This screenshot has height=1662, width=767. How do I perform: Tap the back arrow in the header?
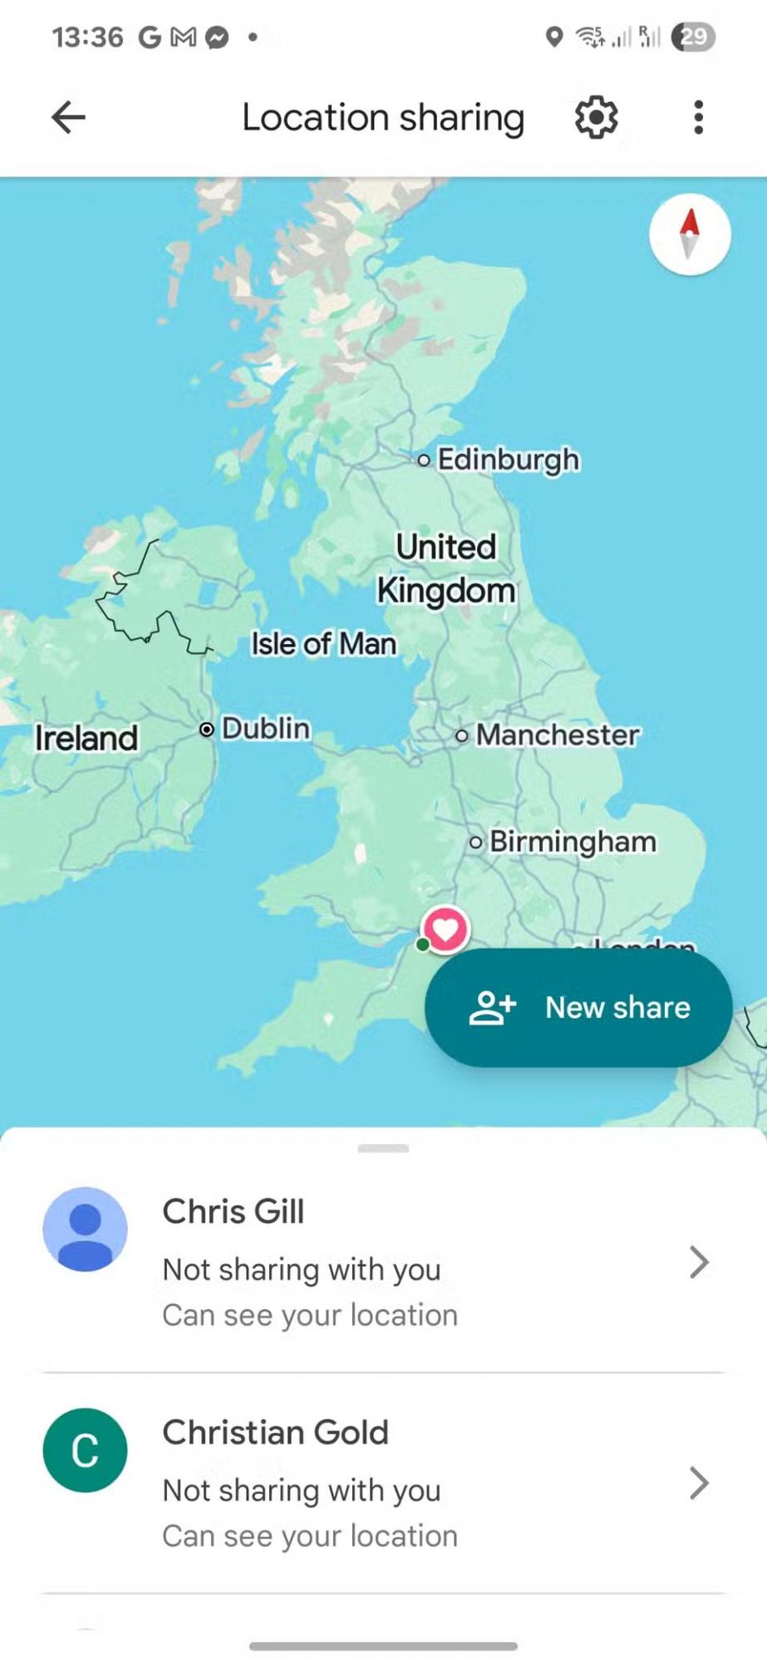(x=68, y=117)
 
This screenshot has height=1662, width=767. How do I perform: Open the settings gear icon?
(x=596, y=117)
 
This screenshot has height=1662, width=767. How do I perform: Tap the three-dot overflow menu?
(x=698, y=117)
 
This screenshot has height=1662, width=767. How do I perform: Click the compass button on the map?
(x=690, y=234)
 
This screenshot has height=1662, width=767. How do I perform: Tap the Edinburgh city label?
(x=507, y=460)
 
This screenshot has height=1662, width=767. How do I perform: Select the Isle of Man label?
(x=323, y=644)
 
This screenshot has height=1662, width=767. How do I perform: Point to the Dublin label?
(x=264, y=729)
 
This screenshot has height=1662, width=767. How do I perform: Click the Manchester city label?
(x=557, y=735)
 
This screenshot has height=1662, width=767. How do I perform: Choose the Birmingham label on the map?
(x=572, y=842)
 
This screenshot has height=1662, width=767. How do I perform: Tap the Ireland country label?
(x=86, y=738)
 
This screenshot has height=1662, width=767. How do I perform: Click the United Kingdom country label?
(x=446, y=569)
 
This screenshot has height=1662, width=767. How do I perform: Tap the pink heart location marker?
(x=445, y=929)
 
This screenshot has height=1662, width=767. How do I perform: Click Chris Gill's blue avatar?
(x=85, y=1229)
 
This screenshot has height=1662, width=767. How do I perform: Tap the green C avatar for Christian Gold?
(x=85, y=1450)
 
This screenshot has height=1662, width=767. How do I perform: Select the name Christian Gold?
(x=275, y=1433)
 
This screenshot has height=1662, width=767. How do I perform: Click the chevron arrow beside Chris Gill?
(x=699, y=1262)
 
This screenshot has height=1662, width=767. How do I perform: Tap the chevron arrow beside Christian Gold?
(x=699, y=1483)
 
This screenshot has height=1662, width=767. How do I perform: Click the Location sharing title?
(x=383, y=117)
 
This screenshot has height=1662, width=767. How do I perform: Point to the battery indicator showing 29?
(x=693, y=37)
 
